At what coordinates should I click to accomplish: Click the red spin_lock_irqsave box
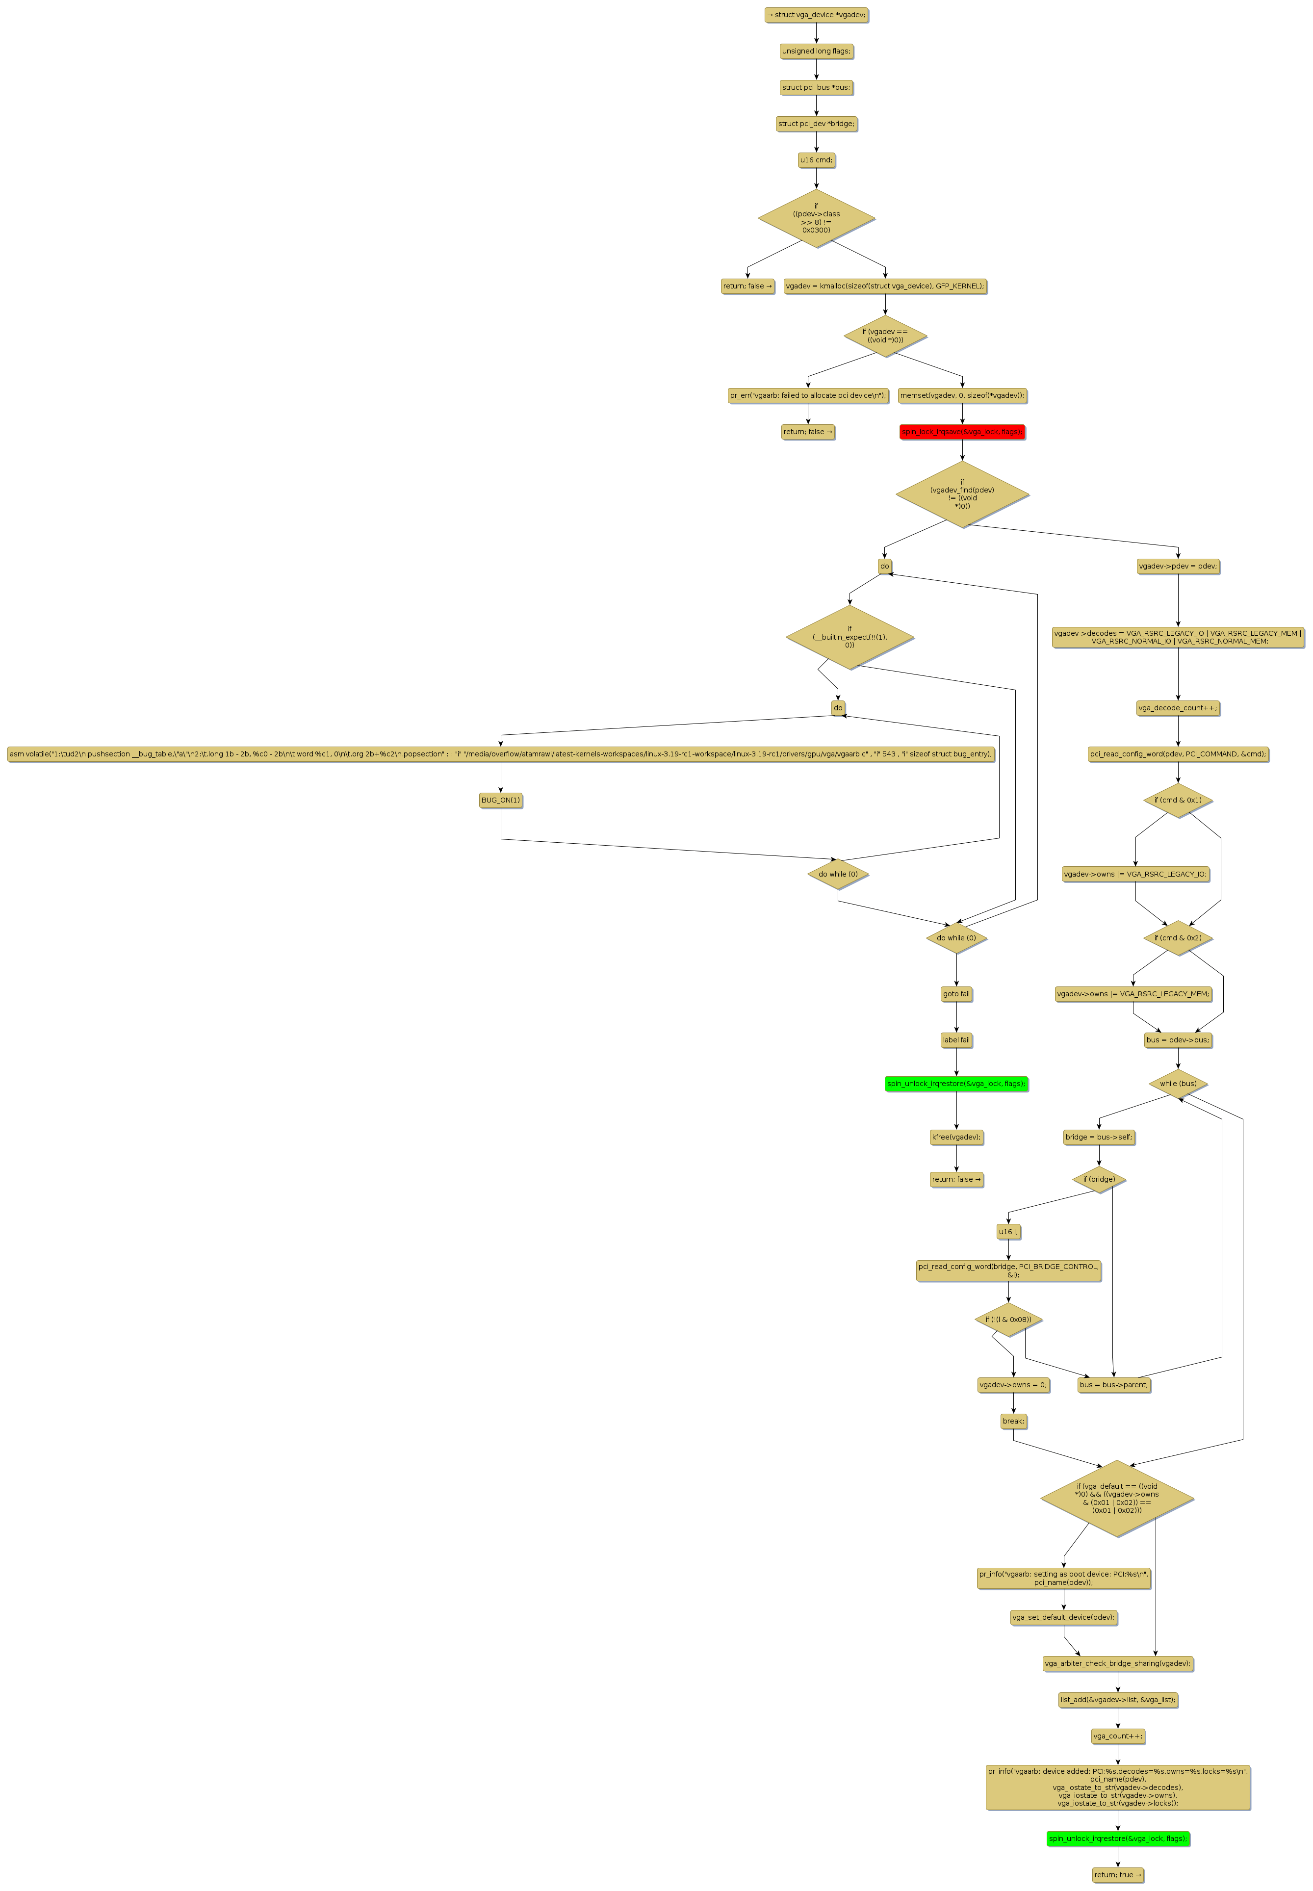(x=962, y=432)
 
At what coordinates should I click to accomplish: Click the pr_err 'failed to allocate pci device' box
(x=808, y=396)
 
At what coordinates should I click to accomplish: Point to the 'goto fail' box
(x=956, y=994)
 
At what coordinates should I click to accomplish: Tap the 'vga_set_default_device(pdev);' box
(x=1064, y=1617)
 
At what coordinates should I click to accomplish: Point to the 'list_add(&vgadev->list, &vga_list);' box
(x=1117, y=1699)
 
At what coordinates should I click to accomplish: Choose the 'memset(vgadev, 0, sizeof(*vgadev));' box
(x=962, y=396)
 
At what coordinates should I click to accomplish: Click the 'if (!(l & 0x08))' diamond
(x=1008, y=1320)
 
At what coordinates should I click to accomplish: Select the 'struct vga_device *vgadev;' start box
(x=816, y=15)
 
